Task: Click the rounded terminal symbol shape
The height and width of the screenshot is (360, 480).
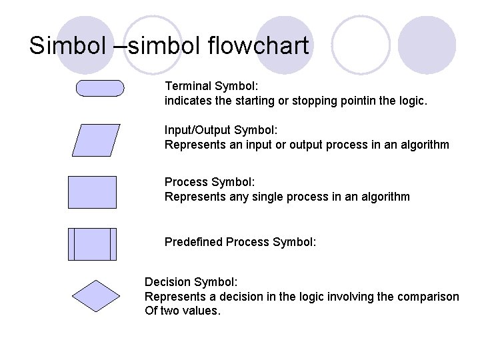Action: tap(100, 89)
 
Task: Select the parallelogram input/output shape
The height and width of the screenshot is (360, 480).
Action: tap(96, 140)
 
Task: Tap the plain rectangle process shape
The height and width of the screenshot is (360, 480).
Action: tap(92, 192)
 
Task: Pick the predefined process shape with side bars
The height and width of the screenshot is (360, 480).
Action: tap(92, 244)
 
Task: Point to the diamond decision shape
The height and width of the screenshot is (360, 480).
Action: tap(95, 296)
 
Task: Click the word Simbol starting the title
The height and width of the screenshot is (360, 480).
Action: tap(61, 46)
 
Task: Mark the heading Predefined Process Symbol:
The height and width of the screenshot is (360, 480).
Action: tap(240, 242)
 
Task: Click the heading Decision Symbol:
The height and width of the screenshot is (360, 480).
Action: tap(191, 282)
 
